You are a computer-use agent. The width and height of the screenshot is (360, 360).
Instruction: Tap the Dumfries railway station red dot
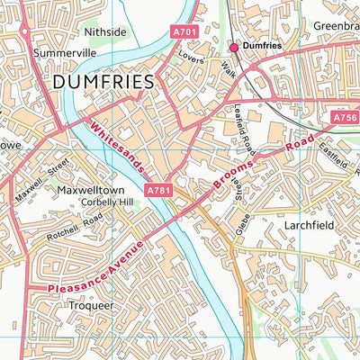(234, 46)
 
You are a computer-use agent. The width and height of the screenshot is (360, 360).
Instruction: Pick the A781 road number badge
(157, 190)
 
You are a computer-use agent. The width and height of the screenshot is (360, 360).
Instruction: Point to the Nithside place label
(104, 31)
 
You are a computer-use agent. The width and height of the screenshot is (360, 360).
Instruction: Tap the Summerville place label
(64, 53)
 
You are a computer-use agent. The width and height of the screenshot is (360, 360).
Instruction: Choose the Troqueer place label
(92, 305)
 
